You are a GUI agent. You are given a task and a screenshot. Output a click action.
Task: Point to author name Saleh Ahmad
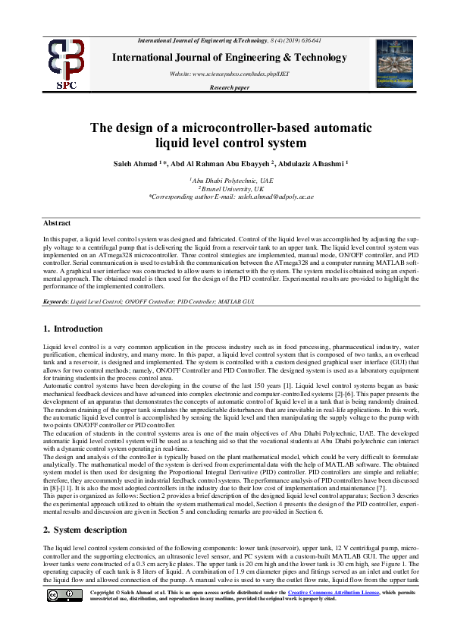150,162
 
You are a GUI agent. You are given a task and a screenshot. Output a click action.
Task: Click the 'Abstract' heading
57,222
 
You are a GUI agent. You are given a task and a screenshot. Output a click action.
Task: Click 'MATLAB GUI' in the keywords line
239,302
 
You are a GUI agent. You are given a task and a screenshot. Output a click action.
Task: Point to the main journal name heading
229,58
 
